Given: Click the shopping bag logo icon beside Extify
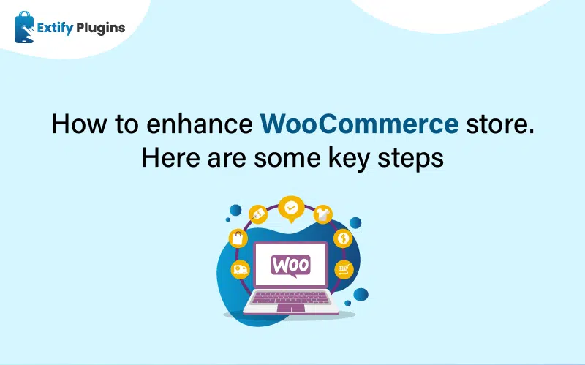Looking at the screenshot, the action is point(24,27).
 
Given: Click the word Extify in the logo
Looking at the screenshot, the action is point(55,29).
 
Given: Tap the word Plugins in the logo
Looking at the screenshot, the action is point(101,29).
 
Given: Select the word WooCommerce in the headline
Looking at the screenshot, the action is point(359,124).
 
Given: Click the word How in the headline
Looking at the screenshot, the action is point(79,124).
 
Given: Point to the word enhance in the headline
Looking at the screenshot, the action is point(199,124).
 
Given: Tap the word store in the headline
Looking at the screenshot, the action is point(497,124).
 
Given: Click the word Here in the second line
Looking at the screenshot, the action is point(171,157).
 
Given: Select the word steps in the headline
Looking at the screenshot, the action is point(410,159).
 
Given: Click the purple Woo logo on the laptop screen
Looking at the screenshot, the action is point(290,266).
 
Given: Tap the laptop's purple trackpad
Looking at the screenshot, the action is point(291,308).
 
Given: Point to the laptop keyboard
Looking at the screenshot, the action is point(291,298).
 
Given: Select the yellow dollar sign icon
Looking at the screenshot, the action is point(343,238).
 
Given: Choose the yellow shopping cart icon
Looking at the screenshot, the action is point(344,269).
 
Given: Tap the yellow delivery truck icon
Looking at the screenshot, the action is point(241,269).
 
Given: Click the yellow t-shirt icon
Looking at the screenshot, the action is point(322,214).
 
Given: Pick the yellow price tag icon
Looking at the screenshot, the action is point(258,214).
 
